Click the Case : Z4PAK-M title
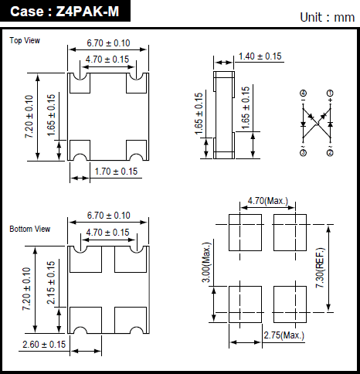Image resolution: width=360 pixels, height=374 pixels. (64, 12)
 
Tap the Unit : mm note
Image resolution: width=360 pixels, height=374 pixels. (328, 18)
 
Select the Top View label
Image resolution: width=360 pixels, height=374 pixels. (25, 40)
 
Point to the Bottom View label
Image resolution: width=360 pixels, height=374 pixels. (30, 229)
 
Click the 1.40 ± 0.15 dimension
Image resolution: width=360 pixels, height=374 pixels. (260, 56)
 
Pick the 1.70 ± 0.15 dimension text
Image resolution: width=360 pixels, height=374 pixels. (116, 172)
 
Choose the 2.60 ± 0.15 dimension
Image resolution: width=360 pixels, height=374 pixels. (44, 345)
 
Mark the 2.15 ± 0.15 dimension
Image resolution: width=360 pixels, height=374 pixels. (51, 283)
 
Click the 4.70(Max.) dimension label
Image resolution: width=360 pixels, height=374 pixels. (268, 201)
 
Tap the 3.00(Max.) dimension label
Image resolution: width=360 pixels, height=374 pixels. (206, 263)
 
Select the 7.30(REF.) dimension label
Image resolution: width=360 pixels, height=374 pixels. (320, 268)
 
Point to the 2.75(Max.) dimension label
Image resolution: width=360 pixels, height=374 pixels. (284, 335)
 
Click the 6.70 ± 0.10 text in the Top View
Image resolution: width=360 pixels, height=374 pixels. (108, 43)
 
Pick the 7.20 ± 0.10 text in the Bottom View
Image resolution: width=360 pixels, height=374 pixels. (27, 289)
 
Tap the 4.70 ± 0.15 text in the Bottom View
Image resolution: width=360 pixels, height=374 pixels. (107, 233)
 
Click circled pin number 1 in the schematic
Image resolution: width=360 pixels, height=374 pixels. (330, 93)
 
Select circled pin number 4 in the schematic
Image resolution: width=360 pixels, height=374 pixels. (303, 93)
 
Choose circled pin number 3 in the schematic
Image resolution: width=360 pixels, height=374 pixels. (303, 153)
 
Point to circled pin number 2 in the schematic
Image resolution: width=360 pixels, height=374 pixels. (330, 153)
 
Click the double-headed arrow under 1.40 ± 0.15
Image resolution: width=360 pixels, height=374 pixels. (223, 63)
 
